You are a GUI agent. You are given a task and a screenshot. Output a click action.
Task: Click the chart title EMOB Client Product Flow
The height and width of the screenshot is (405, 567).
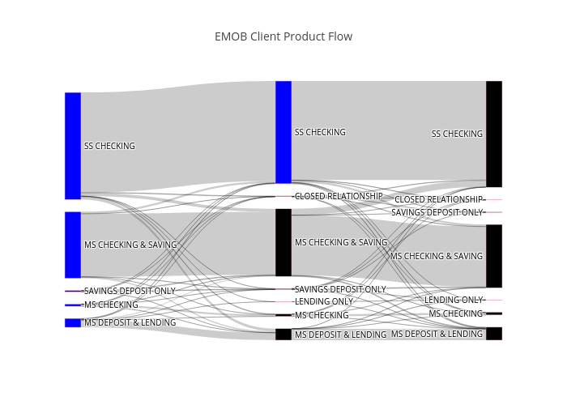pyautogui.click(x=283, y=36)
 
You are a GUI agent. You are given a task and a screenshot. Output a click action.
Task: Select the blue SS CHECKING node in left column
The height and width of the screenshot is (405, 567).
pyautogui.click(x=73, y=146)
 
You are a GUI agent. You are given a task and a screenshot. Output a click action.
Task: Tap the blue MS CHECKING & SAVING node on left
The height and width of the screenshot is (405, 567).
pyautogui.click(x=73, y=245)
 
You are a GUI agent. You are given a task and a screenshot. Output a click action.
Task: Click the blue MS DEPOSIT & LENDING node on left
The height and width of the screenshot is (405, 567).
pyautogui.click(x=73, y=323)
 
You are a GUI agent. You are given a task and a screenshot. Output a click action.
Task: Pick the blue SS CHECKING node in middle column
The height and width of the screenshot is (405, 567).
pyautogui.click(x=283, y=132)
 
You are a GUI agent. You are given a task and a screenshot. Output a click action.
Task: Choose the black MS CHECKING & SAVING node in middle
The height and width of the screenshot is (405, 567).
pyautogui.click(x=283, y=242)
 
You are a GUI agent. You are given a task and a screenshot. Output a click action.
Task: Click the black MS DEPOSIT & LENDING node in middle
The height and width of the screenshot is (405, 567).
pyautogui.click(x=283, y=335)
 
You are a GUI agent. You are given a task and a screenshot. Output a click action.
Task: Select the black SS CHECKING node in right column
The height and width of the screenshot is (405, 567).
pyautogui.click(x=494, y=134)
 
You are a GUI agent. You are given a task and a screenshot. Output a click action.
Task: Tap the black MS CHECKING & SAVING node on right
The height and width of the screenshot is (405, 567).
pyautogui.click(x=494, y=256)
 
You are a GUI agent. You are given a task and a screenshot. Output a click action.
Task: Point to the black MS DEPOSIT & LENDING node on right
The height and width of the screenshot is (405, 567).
pyautogui.click(x=494, y=334)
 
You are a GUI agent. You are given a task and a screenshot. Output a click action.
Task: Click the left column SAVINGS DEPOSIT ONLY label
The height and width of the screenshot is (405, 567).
pyautogui.click(x=130, y=291)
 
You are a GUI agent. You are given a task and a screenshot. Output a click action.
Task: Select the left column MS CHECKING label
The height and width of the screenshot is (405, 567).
pyautogui.click(x=111, y=305)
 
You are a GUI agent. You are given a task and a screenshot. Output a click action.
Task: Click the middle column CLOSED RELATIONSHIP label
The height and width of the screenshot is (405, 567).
pyautogui.click(x=339, y=196)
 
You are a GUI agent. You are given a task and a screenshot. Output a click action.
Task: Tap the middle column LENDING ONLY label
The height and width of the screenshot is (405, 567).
pyautogui.click(x=324, y=301)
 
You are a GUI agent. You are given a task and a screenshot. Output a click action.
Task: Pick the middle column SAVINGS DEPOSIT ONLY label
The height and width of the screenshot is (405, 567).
pyautogui.click(x=341, y=289)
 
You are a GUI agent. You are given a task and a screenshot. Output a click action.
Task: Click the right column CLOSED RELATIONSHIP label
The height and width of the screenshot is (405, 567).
pyautogui.click(x=439, y=199)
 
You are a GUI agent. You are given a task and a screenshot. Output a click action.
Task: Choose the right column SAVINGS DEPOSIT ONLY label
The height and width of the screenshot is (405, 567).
pyautogui.click(x=437, y=212)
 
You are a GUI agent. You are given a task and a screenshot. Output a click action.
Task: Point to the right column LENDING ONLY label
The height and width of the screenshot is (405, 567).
pyautogui.click(x=454, y=301)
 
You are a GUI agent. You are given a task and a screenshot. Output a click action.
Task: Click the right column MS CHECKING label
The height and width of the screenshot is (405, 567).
pyautogui.click(x=456, y=314)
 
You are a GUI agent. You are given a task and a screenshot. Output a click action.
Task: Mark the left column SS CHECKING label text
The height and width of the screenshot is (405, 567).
pyautogui.click(x=109, y=146)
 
